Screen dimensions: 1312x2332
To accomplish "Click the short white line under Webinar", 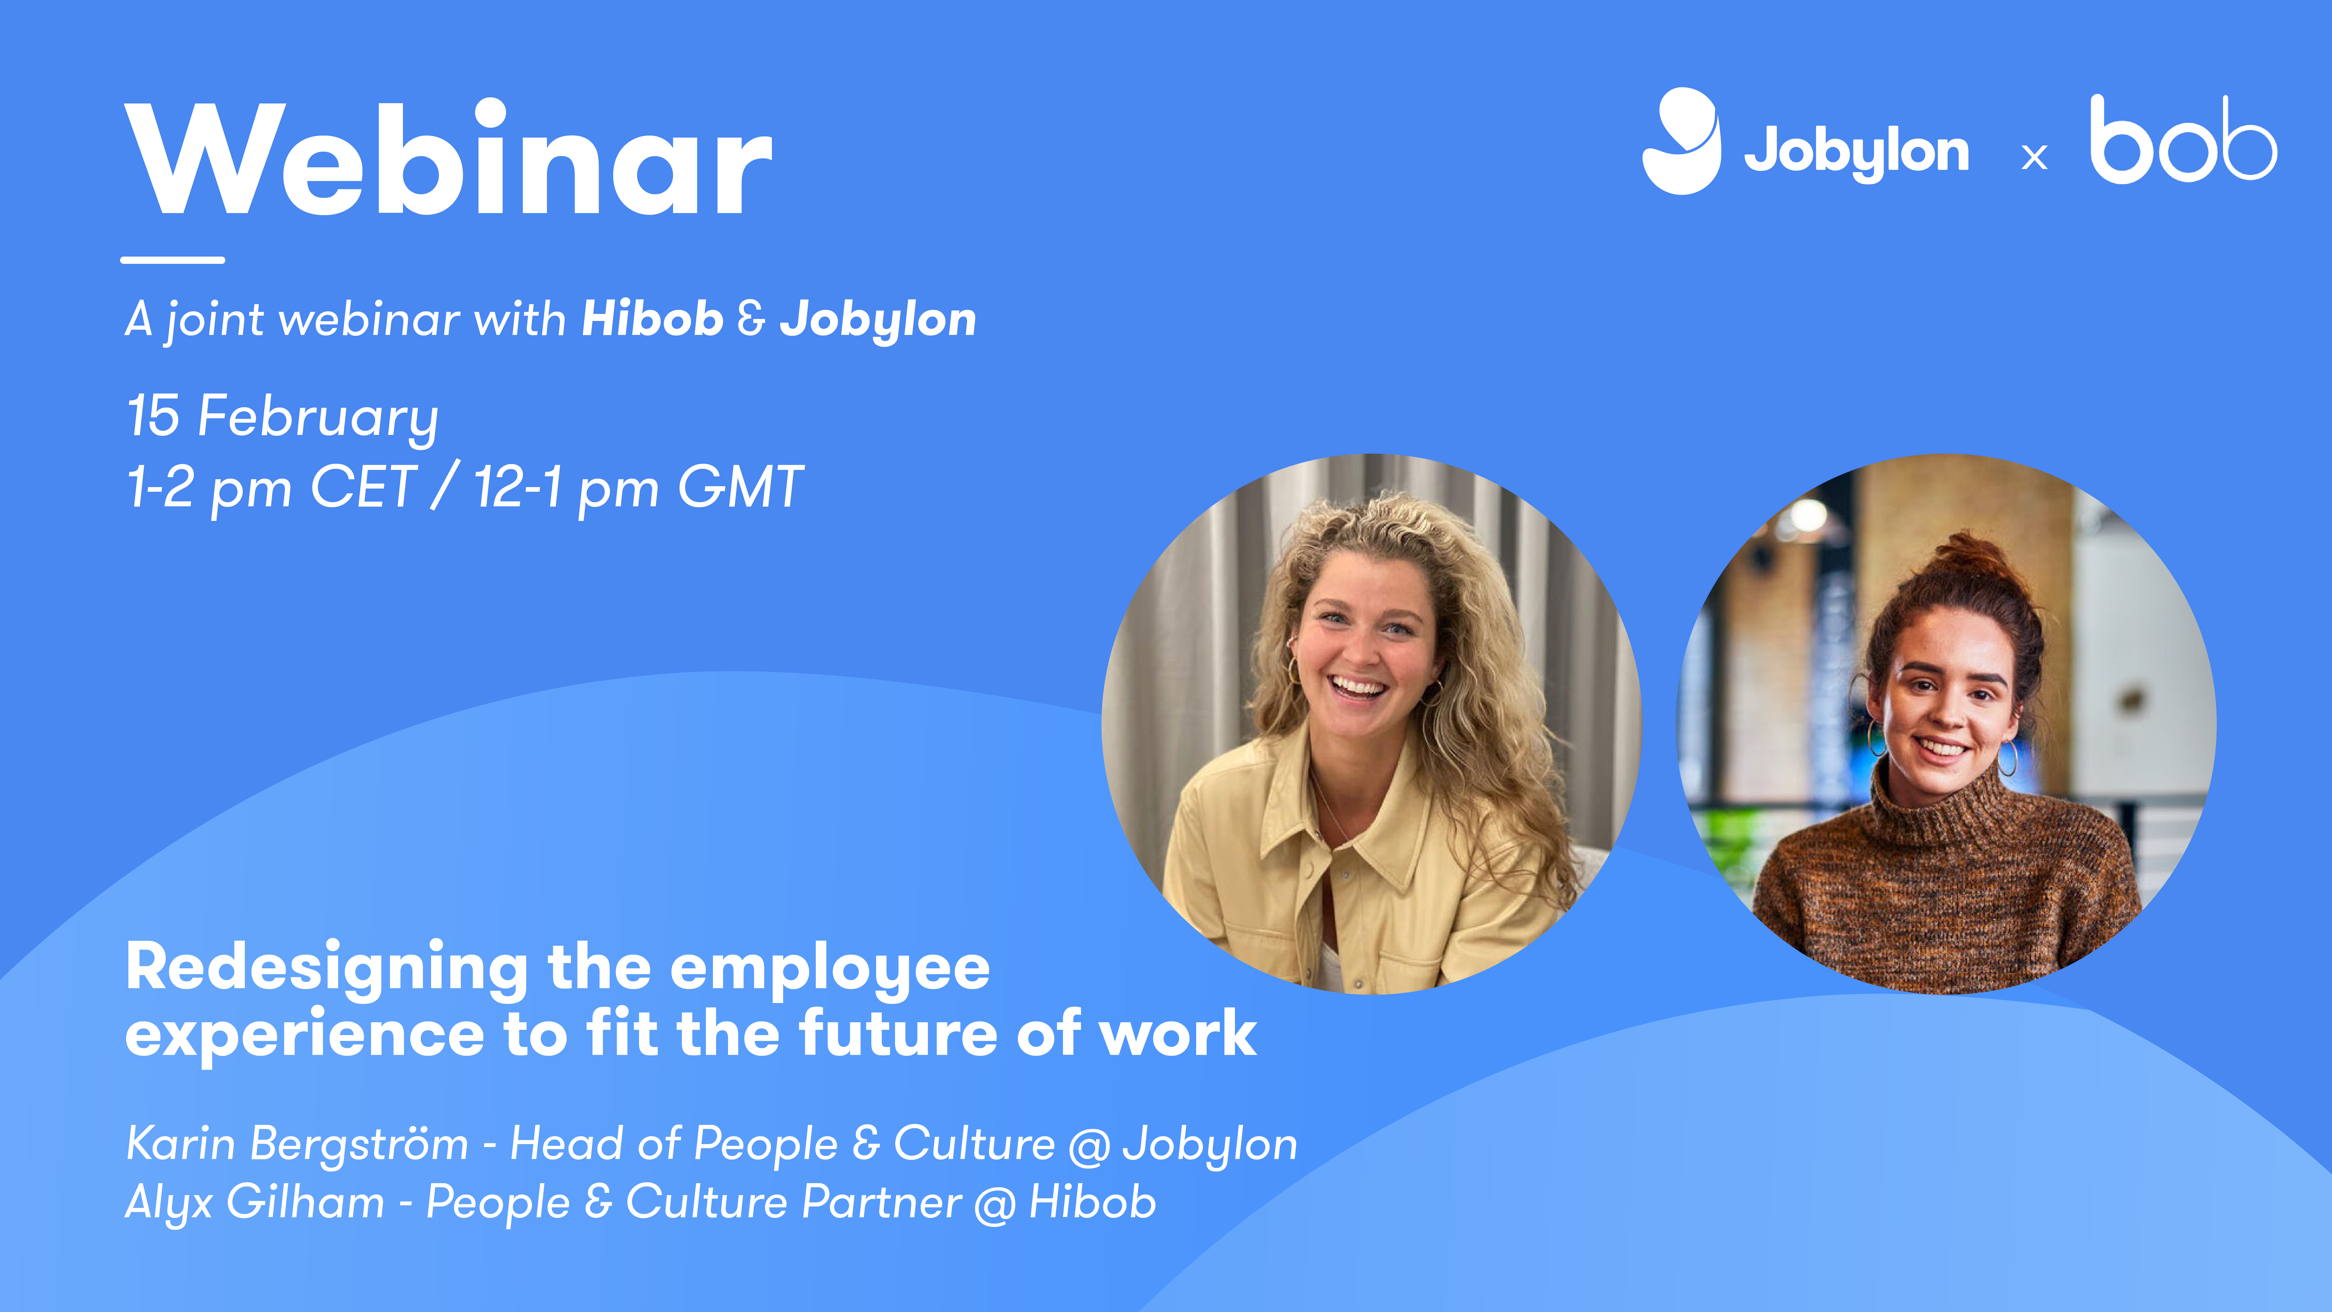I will [172, 260].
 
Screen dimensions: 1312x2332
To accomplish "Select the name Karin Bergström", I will [297, 1144].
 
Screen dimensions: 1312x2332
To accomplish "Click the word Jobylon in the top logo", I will [1856, 151].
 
